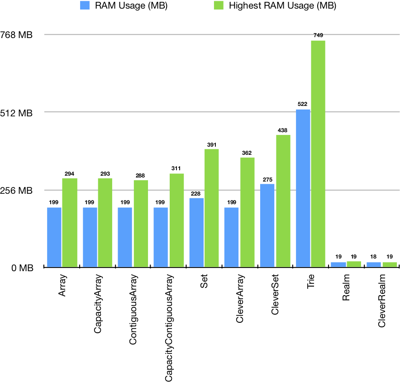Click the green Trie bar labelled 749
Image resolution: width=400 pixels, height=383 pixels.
[318, 154]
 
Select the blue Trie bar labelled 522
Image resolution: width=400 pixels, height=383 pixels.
[303, 188]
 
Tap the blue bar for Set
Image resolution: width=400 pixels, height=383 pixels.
[196, 233]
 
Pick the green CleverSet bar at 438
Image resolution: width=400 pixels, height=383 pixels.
[283, 201]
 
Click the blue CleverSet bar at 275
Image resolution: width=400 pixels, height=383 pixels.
[267, 225]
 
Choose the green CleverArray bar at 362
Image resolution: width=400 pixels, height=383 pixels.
[247, 212]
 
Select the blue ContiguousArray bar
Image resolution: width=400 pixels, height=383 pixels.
[125, 237]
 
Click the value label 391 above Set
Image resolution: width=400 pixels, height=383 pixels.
[212, 144]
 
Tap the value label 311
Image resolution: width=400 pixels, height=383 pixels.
[176, 168]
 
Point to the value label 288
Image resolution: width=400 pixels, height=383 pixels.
[141, 175]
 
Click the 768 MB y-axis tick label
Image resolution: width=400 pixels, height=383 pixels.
[18, 35]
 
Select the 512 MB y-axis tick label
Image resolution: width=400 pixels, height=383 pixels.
[18, 113]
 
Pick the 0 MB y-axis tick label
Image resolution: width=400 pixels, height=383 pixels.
[21, 268]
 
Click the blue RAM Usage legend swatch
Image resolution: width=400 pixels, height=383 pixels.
[86, 6]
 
